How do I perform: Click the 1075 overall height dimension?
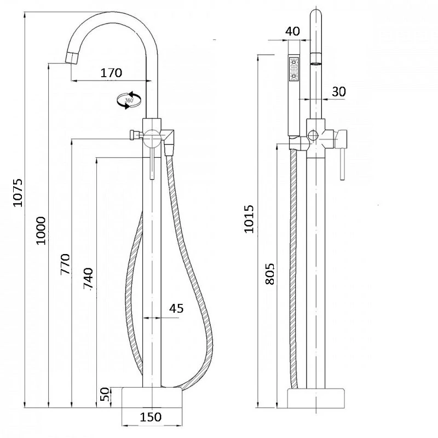(18, 193)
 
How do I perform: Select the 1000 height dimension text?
(41, 230)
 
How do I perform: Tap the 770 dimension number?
(65, 264)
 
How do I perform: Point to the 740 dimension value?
(88, 278)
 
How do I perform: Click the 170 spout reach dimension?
(111, 73)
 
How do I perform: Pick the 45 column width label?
(176, 308)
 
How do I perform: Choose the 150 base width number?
(151, 417)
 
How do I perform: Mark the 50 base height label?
(105, 394)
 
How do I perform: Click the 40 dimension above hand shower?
(292, 31)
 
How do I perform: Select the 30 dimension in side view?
(339, 91)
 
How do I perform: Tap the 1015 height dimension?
(249, 219)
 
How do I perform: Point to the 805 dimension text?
(269, 274)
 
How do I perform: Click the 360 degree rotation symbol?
(129, 100)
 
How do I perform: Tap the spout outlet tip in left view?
(71, 57)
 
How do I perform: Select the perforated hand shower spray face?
(293, 69)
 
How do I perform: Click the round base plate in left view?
(152, 397)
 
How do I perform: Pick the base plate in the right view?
(316, 398)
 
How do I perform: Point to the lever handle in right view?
(342, 155)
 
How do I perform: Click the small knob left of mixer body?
(133, 135)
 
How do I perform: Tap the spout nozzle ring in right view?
(316, 59)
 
